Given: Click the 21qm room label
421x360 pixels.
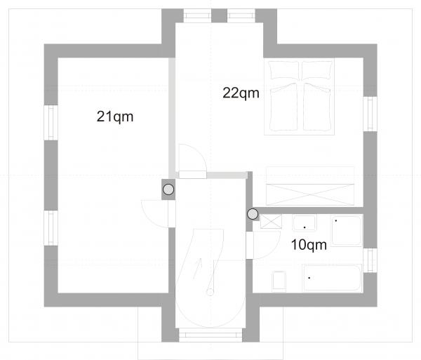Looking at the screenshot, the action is tap(115, 116).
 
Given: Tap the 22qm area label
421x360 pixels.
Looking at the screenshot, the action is tap(241, 93).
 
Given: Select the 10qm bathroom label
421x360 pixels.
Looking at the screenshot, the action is tap(309, 245).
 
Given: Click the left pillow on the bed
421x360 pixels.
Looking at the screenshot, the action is tap(284, 70).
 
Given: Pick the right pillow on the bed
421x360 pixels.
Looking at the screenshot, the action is tap(317, 70).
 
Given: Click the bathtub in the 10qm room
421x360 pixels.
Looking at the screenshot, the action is tap(332, 278).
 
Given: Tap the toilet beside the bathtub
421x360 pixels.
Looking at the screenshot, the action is tap(279, 281).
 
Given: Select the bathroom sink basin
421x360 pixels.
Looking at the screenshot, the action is tap(305, 223).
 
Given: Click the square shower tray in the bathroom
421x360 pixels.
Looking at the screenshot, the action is tap(347, 231).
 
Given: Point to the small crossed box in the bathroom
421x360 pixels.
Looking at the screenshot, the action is tap(271, 222).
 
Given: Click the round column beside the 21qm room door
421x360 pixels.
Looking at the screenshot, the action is tap(168, 189).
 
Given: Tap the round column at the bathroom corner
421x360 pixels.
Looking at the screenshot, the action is tap(253, 214).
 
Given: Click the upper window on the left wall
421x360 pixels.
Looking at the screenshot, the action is tap(51, 123).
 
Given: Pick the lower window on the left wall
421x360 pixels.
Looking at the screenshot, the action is tap(51, 228).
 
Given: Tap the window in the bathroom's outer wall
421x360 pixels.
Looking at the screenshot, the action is tap(370, 260).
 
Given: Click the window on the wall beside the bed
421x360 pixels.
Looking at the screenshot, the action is tap(370, 114).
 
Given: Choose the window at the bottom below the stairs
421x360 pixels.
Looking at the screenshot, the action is tap(210, 335).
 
